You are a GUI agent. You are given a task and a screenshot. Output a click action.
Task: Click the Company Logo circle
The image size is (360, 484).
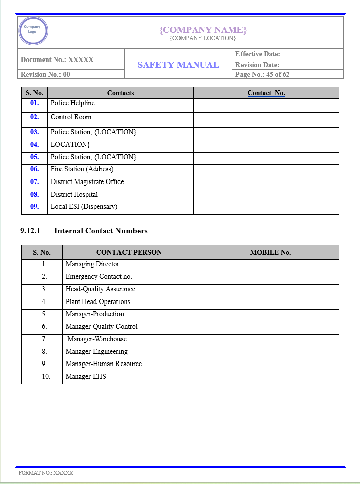click(33, 31)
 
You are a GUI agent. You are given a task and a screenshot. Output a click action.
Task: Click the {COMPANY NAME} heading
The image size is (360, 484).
click(203, 30)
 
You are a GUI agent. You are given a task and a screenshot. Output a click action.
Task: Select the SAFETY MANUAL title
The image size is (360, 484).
click(178, 65)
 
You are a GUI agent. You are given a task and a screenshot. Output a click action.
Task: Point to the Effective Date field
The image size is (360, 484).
click(258, 54)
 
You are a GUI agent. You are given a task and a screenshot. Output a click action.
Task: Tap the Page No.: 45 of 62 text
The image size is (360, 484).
click(262, 74)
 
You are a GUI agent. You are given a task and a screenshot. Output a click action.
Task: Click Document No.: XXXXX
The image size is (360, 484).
click(57, 59)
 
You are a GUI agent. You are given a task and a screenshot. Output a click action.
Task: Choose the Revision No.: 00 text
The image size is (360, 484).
click(45, 74)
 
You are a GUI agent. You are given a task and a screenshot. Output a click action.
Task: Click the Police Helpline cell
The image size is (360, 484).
click(73, 103)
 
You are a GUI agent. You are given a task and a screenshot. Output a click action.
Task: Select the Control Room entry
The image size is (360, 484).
click(71, 117)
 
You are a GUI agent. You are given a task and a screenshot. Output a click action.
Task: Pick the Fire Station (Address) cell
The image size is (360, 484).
click(82, 169)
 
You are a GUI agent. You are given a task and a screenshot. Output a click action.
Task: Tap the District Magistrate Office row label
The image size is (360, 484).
click(87, 182)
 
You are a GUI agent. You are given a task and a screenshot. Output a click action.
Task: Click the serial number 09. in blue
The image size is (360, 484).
click(34, 207)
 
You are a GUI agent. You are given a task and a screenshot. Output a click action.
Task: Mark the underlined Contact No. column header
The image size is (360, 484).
click(266, 93)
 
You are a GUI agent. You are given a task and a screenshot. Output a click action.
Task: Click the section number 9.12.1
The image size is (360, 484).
click(30, 231)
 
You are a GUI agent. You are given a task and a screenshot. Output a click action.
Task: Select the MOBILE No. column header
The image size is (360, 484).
click(270, 252)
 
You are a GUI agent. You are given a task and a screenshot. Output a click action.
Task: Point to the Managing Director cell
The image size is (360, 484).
click(92, 264)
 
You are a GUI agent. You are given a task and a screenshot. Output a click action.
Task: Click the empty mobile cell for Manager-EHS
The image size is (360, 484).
click(267, 377)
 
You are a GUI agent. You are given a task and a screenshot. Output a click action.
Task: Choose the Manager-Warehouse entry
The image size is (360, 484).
click(97, 339)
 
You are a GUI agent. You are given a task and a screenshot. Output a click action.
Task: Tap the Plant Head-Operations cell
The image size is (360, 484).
click(97, 302)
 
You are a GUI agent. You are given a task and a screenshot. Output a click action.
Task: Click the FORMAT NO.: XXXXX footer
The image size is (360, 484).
click(46, 473)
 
